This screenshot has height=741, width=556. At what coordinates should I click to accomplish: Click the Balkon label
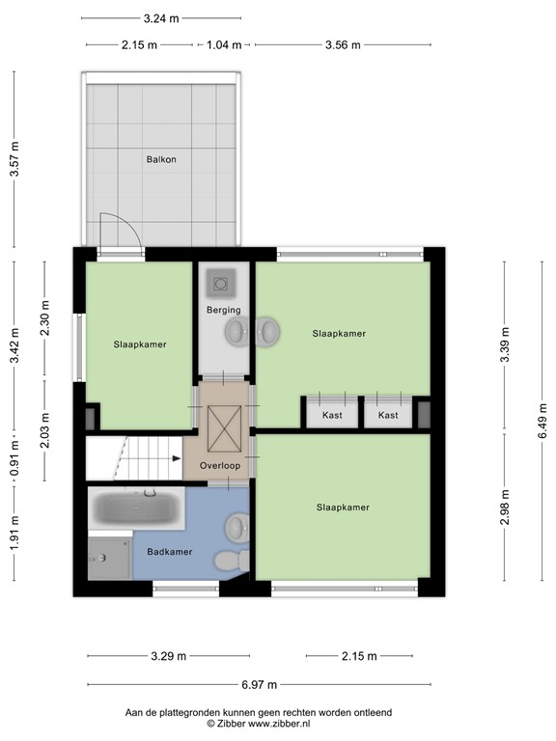tap(161, 159)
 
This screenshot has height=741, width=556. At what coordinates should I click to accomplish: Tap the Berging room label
tap(223, 310)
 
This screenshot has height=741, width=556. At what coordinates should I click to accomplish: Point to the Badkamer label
tap(170, 552)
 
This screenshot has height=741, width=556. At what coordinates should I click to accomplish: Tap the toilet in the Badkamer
tap(227, 561)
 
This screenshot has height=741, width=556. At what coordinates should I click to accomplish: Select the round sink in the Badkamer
tap(236, 528)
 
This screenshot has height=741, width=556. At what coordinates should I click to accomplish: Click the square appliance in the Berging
tap(223, 284)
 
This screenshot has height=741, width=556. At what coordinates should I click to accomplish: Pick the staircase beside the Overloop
tap(133, 459)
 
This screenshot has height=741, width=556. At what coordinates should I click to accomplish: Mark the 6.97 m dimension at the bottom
tap(259, 684)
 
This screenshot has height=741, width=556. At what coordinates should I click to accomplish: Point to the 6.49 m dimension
tap(542, 421)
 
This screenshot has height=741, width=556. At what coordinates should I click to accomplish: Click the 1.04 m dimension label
tap(224, 44)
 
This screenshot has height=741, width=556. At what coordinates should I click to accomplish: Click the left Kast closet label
tap(332, 415)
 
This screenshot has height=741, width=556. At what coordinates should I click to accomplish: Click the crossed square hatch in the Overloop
tap(223, 425)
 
